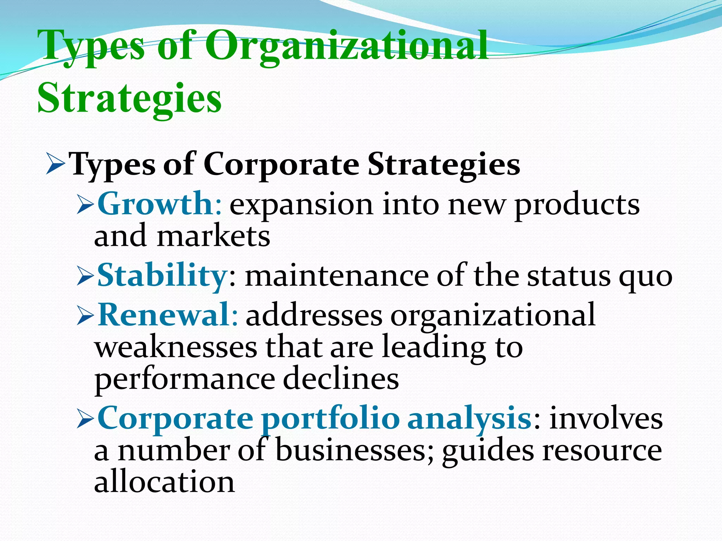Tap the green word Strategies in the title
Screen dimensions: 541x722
coord(129,98)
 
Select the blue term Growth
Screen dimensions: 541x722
coord(154,204)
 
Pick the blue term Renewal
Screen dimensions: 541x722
coord(164,315)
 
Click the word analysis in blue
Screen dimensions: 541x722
coord(469,418)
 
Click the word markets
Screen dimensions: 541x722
coord(214,236)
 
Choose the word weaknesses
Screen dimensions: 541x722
coord(176,347)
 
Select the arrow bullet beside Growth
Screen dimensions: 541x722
coord(85,205)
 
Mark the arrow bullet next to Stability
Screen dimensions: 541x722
coord(85,277)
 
